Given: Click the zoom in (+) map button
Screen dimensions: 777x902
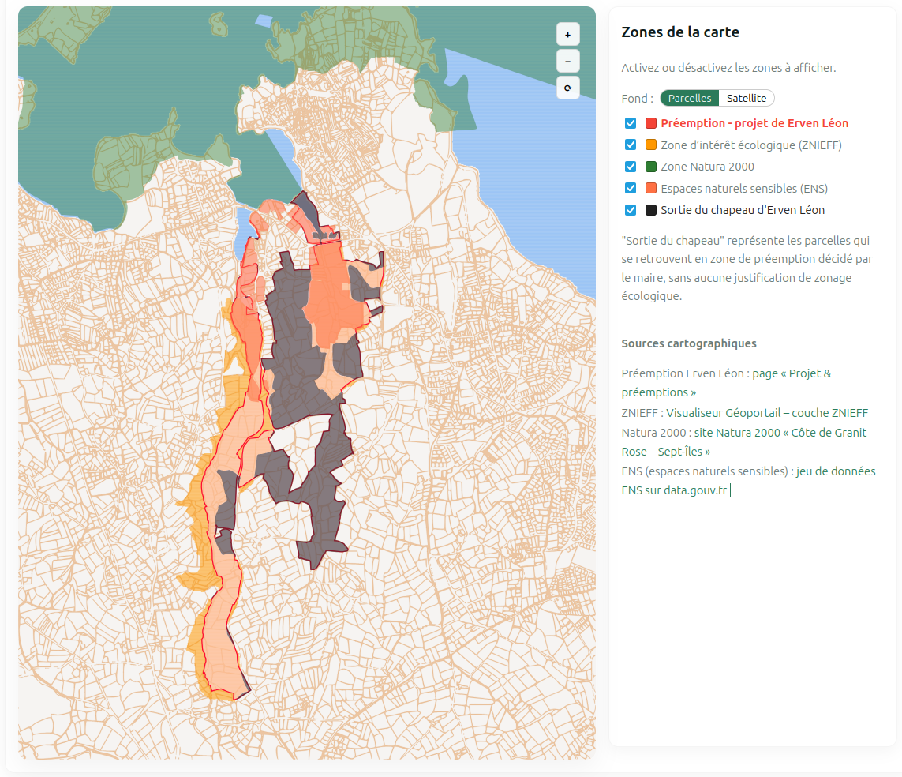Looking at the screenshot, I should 567,35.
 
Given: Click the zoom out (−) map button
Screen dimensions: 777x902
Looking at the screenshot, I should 567,61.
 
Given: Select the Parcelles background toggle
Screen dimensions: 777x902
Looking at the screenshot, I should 689,98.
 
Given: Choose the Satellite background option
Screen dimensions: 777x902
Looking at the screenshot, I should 746,98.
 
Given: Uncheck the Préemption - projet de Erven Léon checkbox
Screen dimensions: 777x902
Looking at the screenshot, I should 631,123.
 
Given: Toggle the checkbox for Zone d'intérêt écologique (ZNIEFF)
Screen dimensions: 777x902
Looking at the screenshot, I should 631,145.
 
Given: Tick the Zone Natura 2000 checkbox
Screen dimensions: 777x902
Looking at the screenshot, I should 631,167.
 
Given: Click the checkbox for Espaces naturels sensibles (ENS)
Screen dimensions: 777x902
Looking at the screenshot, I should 631,189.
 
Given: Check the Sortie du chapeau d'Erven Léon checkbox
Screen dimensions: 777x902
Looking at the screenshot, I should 631,210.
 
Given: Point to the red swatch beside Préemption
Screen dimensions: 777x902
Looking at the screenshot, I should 651,123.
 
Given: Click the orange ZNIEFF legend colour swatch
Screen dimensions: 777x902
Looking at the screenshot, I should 651,145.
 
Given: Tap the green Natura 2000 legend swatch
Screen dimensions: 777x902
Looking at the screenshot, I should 651,167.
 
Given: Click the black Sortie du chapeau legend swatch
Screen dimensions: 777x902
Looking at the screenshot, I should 651,210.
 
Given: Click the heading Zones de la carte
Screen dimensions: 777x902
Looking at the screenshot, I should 679,32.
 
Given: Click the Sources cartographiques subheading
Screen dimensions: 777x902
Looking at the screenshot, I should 688,343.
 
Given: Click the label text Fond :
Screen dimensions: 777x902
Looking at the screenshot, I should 637,99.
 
